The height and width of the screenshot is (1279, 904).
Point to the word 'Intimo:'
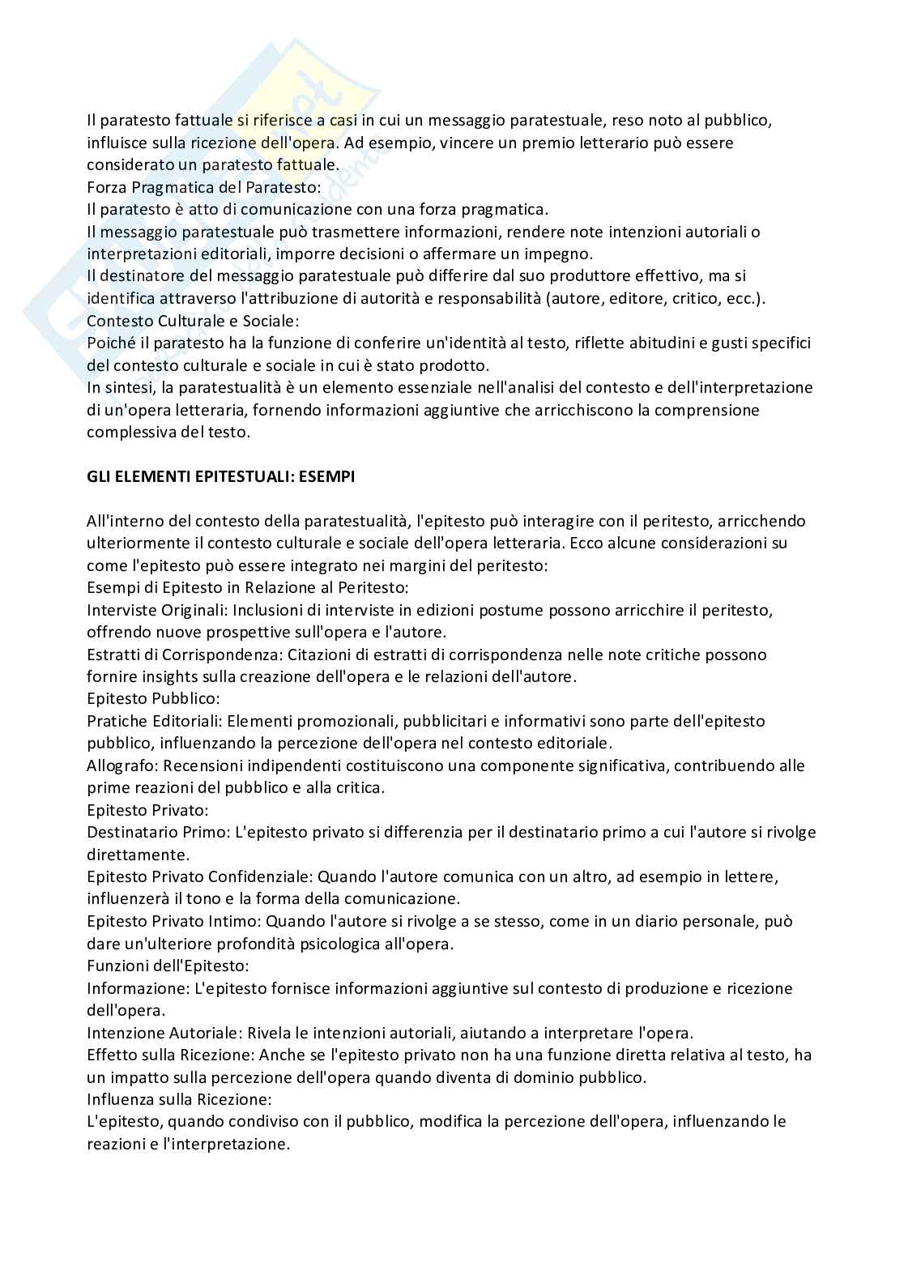(235, 921)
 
